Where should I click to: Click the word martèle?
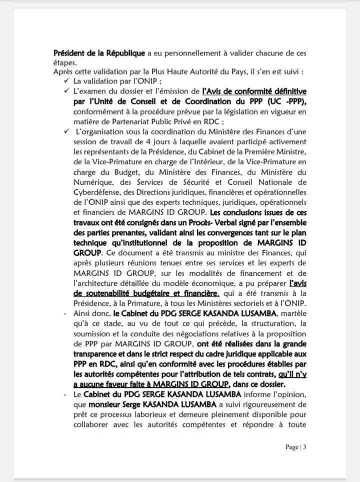292,313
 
